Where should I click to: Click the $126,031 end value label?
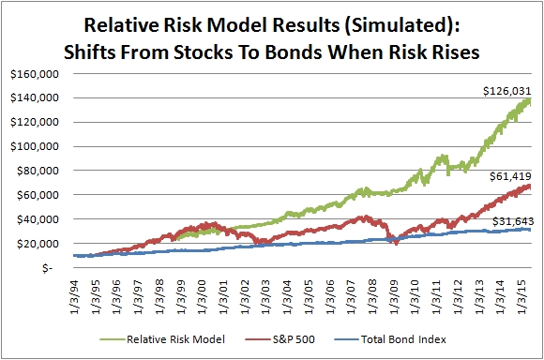pyautogui.click(x=507, y=91)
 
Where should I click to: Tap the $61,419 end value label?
pyautogui.click(x=510, y=176)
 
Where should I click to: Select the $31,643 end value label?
pyautogui.click(x=513, y=221)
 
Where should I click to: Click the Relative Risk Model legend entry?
pyautogui.click(x=162, y=339)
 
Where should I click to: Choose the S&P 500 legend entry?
pyautogui.click(x=280, y=339)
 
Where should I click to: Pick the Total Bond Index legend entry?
pyautogui.click(x=390, y=339)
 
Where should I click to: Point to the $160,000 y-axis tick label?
pyautogui.click(x=35, y=74)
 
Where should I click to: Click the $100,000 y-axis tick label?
pyautogui.click(x=35, y=146)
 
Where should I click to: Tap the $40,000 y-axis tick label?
pyautogui.click(x=38, y=219)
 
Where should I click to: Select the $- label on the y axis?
pyautogui.click(x=47, y=268)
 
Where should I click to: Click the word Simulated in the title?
pyautogui.click(x=399, y=25)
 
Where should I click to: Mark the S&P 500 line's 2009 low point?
pyautogui.click(x=396, y=244)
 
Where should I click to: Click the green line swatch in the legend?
pyautogui.click(x=112, y=339)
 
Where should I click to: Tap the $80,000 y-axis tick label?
pyautogui.click(x=38, y=171)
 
